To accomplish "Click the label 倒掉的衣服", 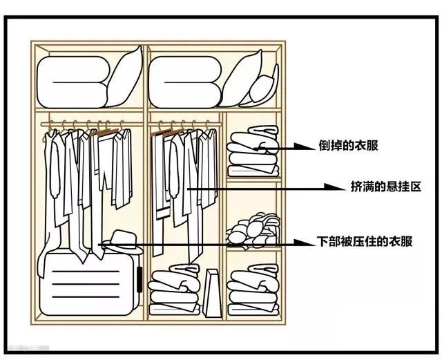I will coord(348,146).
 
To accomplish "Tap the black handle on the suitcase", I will coord(139,283).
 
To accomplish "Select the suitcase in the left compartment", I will coord(87,283).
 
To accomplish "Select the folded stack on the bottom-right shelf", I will coord(253,290).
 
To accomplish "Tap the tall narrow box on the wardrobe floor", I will coord(213,292).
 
